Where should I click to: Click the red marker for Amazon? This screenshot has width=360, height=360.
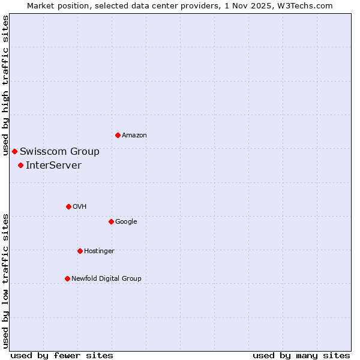coord(118,135)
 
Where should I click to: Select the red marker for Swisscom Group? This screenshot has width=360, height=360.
coord(14,151)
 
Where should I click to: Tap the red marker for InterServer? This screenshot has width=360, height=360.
coord(20,165)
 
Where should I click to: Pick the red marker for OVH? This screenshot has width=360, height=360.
coord(68,206)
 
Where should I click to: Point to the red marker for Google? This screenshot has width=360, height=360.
coord(111,221)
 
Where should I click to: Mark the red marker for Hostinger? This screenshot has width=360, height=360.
coord(80,251)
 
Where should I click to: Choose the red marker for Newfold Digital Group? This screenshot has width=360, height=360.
coord(67,278)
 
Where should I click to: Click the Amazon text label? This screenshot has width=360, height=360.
coord(134,136)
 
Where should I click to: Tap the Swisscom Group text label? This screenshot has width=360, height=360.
coord(59,152)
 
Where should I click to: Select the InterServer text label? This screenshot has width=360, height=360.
coord(53,166)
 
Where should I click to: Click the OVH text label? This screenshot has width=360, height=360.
coord(79,207)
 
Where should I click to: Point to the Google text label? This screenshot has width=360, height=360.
coord(126,222)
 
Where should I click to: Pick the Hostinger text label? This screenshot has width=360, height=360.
coord(99,251)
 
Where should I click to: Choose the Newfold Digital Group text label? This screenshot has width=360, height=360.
coord(106,279)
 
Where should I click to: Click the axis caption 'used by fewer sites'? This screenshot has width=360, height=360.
coord(62,355)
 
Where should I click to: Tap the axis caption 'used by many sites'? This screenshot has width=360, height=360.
coord(301,355)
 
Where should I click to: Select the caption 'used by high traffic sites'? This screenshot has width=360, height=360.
coord(5,86)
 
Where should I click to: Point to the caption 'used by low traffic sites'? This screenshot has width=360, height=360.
coord(5,281)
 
